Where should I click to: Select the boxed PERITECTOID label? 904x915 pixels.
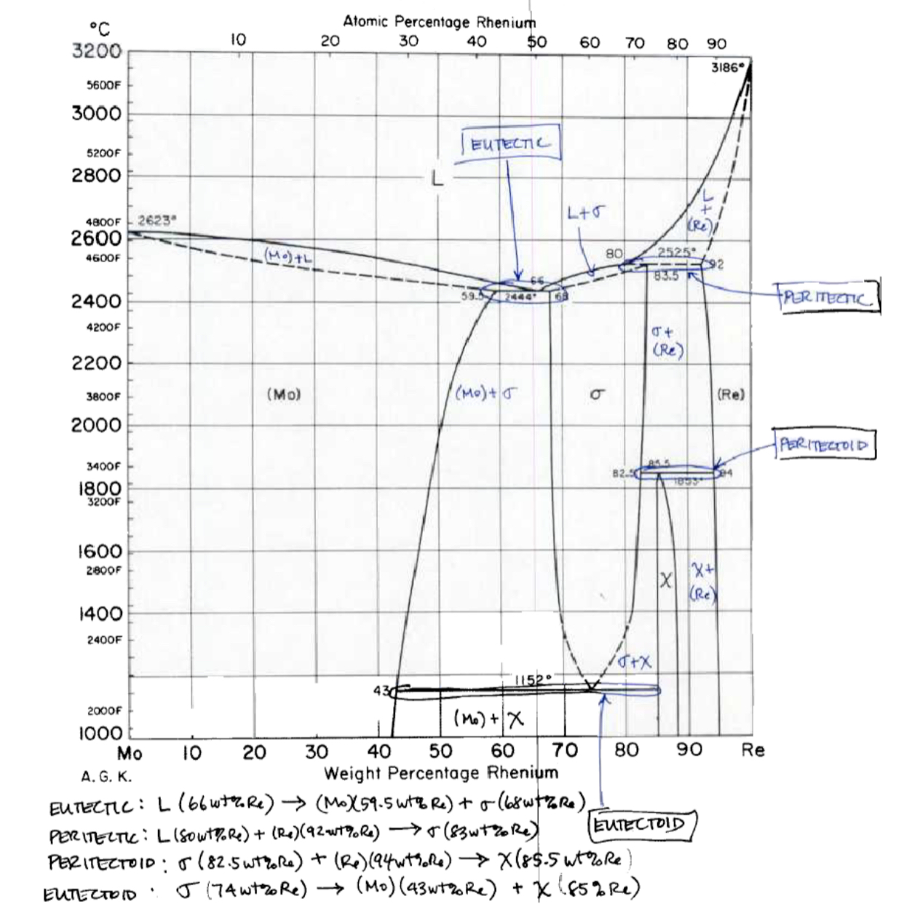[825, 444]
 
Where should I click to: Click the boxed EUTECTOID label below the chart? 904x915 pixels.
[640, 825]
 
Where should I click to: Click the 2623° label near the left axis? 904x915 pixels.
[157, 219]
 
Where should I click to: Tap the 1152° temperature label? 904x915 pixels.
[535, 680]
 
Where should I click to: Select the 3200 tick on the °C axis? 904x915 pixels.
[97, 52]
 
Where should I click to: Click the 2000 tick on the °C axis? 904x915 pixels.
[97, 425]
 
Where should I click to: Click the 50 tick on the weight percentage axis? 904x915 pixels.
[441, 750]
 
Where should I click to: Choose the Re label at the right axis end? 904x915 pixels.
[753, 750]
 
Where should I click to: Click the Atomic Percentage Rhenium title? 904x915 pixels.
[439, 22]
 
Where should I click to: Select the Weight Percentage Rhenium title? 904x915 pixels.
[441, 772]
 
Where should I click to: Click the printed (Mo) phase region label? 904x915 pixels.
[284, 395]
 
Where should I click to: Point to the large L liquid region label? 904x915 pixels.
[437, 179]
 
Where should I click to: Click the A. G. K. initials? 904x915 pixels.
[107, 776]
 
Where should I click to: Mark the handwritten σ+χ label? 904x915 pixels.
[635, 661]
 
